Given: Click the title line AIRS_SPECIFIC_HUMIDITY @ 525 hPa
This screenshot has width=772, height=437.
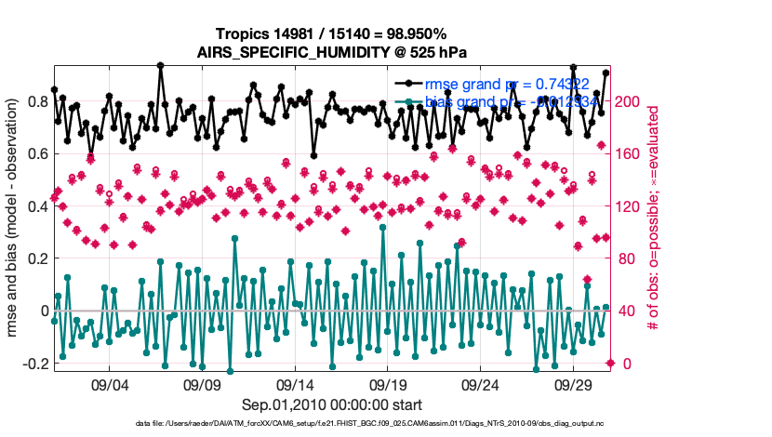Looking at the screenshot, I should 333,52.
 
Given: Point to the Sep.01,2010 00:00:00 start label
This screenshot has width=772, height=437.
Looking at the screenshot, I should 332,404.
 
